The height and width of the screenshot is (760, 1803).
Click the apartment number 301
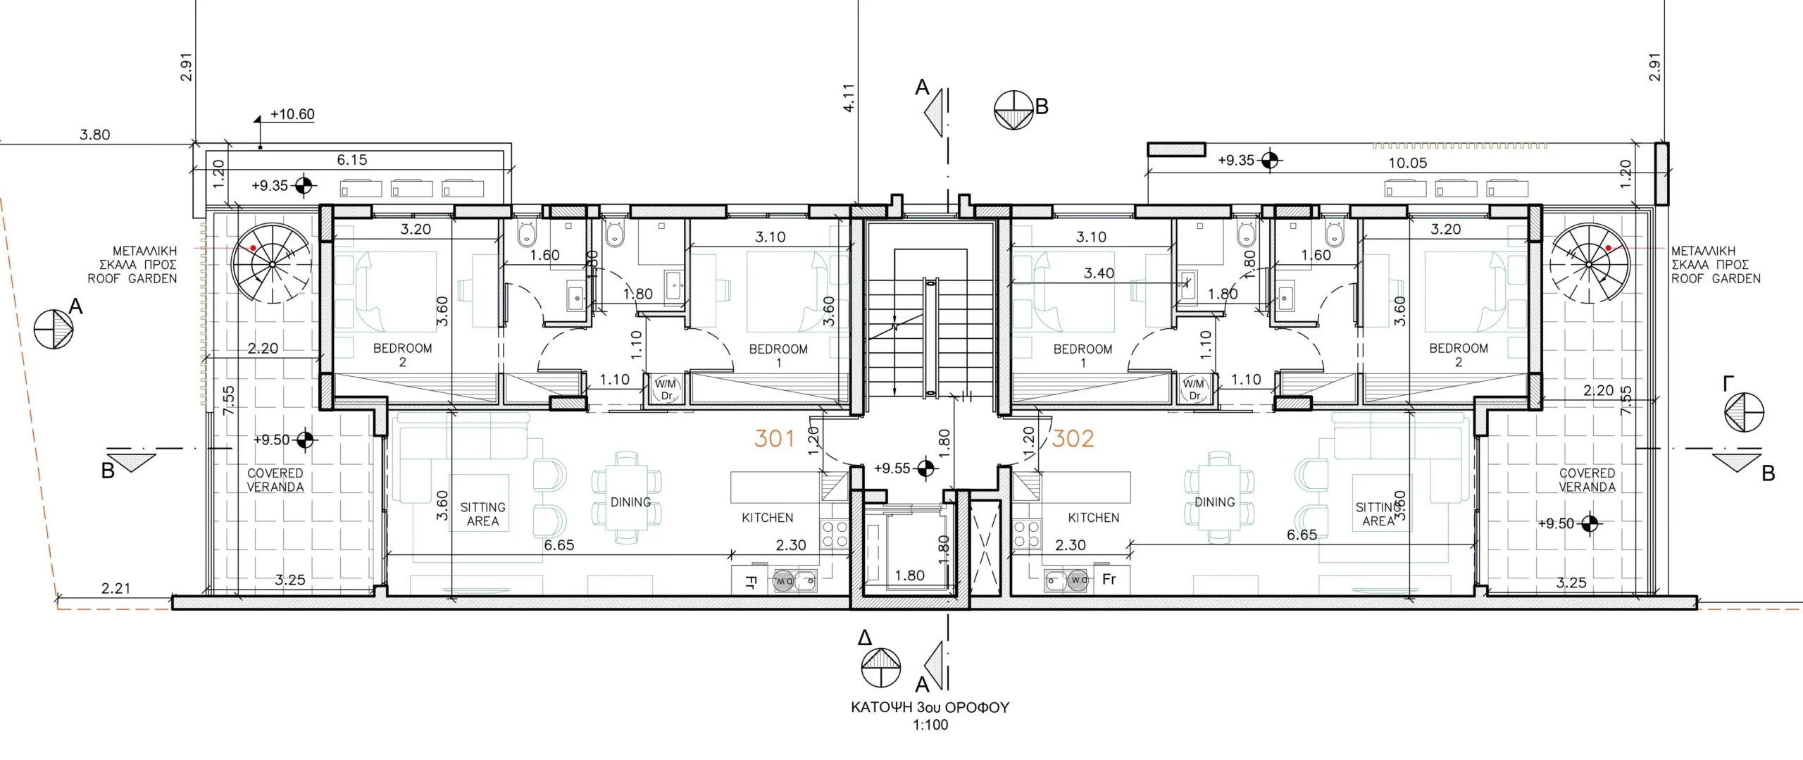774,438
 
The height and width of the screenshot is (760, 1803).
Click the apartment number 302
1073,438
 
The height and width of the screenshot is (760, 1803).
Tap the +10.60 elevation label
292,114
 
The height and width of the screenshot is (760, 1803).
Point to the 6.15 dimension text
351,160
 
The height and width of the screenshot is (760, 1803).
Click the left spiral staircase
272,264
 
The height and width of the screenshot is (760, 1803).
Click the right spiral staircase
1589,264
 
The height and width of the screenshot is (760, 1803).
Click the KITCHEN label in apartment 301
768,518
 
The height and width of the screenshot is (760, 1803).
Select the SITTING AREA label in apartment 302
1378,514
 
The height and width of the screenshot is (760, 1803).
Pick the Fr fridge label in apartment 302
1109,580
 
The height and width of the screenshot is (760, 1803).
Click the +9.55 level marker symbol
925,468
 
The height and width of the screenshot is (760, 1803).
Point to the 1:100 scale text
930,725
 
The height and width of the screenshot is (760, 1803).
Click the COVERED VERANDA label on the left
275,480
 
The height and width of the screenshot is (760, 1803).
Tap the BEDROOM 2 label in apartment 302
1459,355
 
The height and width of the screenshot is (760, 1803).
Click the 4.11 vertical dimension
849,98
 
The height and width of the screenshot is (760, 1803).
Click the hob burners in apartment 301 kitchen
834,534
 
